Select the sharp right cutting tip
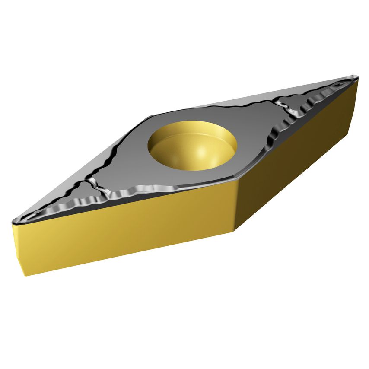click(357, 78)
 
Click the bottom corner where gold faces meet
click(235, 231)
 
